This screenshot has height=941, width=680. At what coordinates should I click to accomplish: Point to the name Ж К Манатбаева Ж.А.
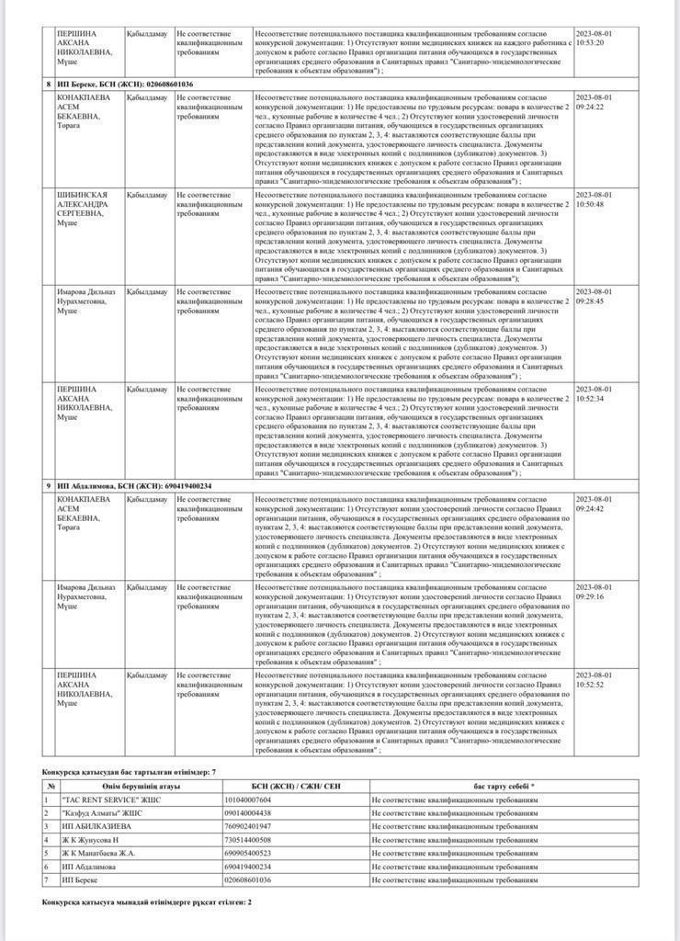[x=100, y=853]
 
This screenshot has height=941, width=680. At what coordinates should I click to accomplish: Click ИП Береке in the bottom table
[x=80, y=879]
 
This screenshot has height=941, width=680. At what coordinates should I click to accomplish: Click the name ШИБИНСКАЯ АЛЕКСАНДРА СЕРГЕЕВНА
[x=85, y=208]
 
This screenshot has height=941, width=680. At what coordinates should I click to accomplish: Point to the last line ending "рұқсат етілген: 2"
[x=147, y=901]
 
